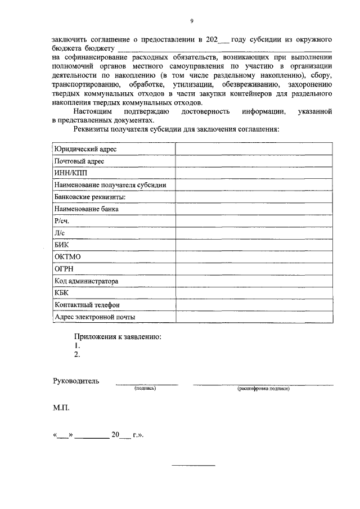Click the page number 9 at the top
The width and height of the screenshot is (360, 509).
click(x=191, y=21)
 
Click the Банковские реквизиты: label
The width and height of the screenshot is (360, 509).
click(x=89, y=197)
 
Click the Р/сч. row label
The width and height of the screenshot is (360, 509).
click(x=61, y=221)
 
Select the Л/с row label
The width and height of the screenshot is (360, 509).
click(x=59, y=233)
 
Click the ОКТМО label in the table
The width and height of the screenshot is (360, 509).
click(x=67, y=257)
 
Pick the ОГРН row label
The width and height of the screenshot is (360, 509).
click(x=64, y=269)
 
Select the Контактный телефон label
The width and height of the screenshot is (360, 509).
click(x=87, y=305)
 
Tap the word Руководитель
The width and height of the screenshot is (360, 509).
click(x=76, y=381)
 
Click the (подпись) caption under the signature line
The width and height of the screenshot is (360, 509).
click(x=145, y=388)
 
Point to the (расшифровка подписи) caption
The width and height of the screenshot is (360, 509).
click(x=263, y=388)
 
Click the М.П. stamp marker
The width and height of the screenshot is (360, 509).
click(x=61, y=407)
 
